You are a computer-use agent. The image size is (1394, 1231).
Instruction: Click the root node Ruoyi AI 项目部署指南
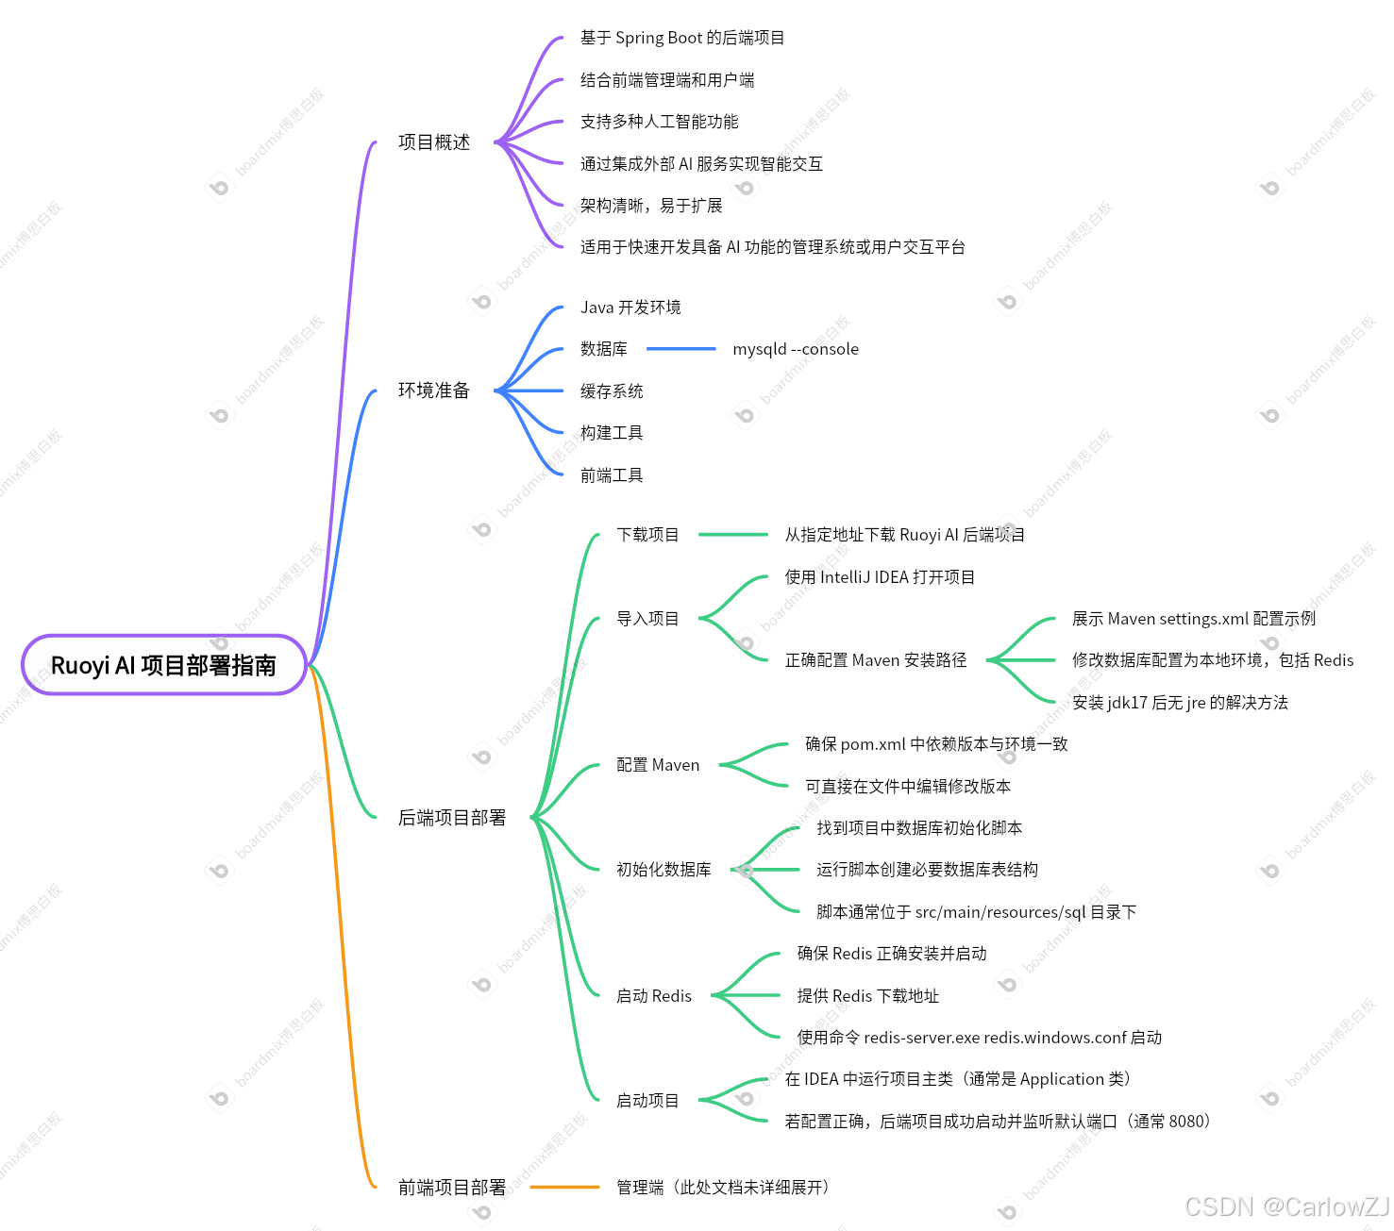163,665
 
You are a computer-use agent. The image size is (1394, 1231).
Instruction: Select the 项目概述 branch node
434,142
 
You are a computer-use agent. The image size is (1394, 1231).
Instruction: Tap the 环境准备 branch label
434,391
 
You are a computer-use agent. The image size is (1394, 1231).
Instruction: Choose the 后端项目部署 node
452,818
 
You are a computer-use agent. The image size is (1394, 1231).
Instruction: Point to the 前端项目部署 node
452,1188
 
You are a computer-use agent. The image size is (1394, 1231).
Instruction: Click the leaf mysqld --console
796,349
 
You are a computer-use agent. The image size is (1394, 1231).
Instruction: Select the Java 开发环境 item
630,308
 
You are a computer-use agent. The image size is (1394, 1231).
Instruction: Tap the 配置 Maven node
658,765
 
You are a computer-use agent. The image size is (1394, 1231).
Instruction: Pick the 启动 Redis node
654,996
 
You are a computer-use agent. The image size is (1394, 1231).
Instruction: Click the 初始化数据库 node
663,870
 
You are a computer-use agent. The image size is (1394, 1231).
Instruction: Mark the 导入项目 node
647,619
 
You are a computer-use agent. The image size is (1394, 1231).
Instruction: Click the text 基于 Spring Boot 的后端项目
682,38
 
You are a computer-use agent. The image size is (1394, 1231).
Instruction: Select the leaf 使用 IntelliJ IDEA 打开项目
880,577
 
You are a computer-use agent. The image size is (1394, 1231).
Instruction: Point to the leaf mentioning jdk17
1180,703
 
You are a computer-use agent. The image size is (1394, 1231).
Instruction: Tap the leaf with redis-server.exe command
979,1038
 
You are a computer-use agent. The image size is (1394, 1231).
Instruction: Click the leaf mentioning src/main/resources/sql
976,912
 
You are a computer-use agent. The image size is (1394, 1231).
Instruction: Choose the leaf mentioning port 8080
997,1122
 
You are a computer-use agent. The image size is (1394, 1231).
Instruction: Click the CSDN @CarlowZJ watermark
1286,1206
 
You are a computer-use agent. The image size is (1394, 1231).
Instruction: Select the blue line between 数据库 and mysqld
680,349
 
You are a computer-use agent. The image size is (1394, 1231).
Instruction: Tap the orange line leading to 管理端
564,1188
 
